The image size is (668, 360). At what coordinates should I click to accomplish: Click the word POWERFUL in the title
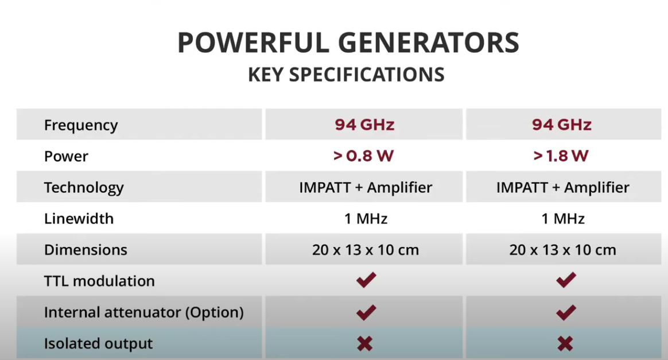(x=253, y=42)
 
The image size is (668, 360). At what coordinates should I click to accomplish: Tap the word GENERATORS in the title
(x=429, y=42)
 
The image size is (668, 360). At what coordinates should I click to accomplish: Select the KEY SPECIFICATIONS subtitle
(x=347, y=75)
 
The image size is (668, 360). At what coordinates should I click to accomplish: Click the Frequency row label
(x=81, y=125)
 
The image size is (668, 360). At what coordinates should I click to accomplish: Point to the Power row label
(x=66, y=156)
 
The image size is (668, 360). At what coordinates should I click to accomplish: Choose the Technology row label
(x=84, y=188)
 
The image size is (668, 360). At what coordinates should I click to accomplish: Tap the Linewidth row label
(x=79, y=219)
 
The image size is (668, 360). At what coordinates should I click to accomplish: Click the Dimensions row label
(x=86, y=250)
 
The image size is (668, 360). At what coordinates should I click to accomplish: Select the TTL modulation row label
(x=99, y=281)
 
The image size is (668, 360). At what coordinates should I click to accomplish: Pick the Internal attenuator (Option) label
(x=144, y=312)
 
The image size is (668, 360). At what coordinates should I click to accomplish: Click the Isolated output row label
(x=98, y=343)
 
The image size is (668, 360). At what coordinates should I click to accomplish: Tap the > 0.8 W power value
(x=363, y=156)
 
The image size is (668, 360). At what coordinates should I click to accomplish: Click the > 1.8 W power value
(x=561, y=156)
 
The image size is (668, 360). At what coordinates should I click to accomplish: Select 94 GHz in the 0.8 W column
(x=364, y=125)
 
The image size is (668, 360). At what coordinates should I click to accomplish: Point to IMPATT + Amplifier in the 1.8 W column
(x=563, y=187)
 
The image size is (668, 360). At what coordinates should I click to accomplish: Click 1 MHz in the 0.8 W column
(x=366, y=219)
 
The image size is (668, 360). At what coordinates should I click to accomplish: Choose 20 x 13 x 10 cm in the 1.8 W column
(x=563, y=250)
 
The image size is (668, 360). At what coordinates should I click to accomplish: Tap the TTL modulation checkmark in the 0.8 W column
(x=366, y=280)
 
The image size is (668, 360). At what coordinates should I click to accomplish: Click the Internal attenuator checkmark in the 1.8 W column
(x=566, y=312)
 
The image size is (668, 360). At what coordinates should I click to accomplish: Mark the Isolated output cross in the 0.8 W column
(x=364, y=343)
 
